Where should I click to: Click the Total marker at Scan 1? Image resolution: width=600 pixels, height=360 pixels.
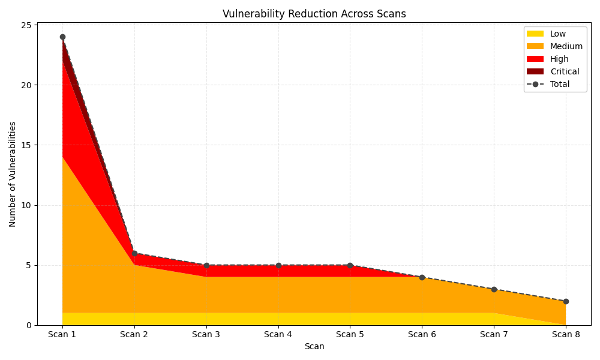pos(62,37)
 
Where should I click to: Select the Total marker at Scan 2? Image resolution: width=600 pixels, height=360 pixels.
pos(134,253)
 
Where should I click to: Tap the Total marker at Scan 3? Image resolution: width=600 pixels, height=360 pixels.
pos(206,265)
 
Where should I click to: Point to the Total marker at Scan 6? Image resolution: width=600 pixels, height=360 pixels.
pos(422,277)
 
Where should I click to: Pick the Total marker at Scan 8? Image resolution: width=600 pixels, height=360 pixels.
pos(566,301)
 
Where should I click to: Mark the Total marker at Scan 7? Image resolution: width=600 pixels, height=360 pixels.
pos(494,289)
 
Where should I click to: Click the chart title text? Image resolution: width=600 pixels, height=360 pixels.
pos(314,14)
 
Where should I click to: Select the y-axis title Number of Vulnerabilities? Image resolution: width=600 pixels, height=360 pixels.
pos(13,174)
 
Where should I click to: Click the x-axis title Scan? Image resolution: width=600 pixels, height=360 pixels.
pos(314,346)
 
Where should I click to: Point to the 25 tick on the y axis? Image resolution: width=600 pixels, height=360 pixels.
pos(26,25)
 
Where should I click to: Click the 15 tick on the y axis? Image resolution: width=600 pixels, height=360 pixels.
pos(26,145)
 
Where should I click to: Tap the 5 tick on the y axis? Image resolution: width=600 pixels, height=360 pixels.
pos(29,265)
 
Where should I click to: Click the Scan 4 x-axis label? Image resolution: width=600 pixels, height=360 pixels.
pos(278,334)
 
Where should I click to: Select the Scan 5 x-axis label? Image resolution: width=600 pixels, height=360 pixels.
pos(350,334)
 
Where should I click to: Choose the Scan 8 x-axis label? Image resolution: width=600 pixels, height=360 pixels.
pos(566,334)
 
